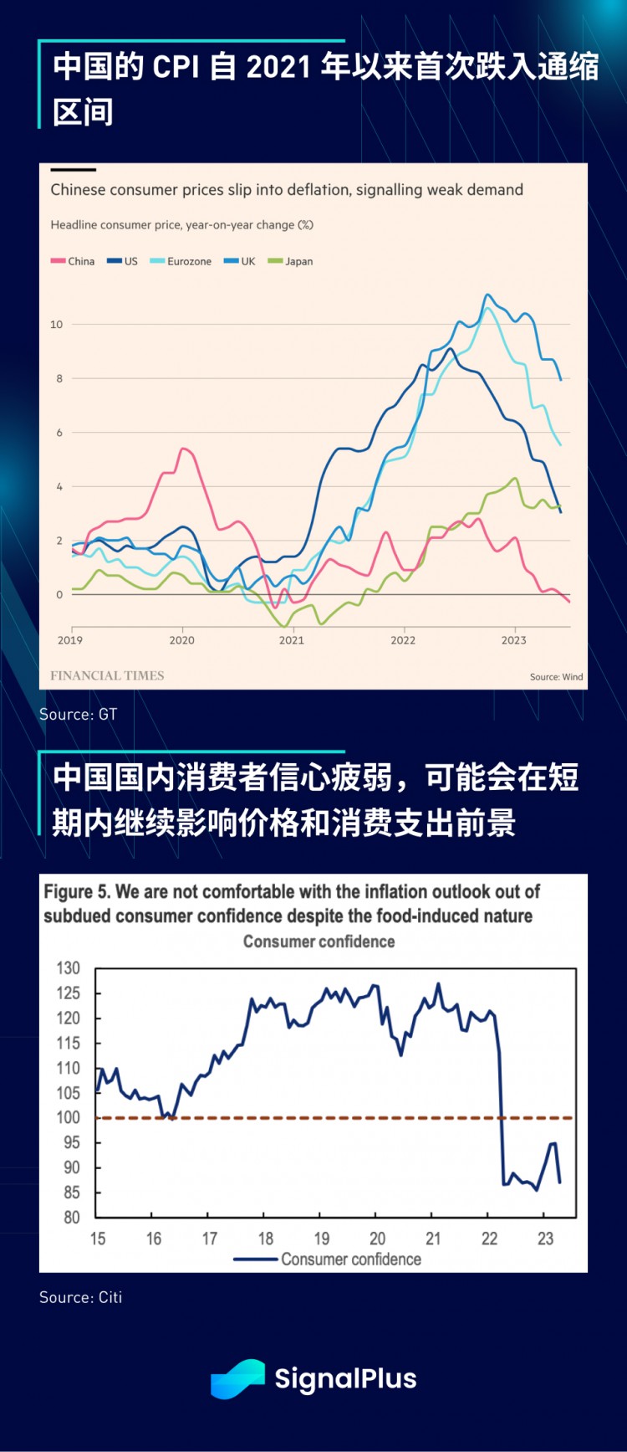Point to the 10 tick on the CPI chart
pos(57,325)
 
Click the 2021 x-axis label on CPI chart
pos(292,640)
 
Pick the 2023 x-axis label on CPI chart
pos(513,640)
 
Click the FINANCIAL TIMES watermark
pos(107,675)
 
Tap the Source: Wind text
pos(556,676)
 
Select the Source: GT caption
pos(78,714)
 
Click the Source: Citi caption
pos(80,1297)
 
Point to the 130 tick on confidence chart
pos(69,968)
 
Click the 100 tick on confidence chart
pos(69,1117)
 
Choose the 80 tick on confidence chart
pos(72,1218)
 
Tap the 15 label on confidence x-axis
pos(98,1239)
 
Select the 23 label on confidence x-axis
pos(545,1239)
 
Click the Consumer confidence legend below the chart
pos(350,1260)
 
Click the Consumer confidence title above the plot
pos(319,941)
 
